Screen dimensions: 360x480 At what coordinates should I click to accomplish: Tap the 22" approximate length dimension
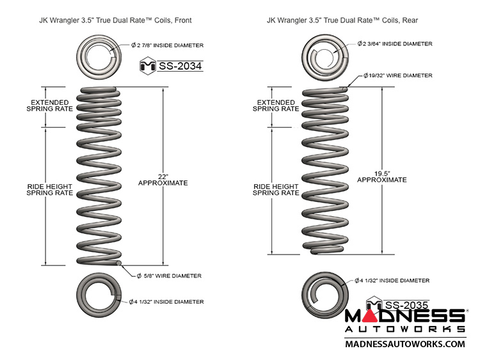tap(163, 178)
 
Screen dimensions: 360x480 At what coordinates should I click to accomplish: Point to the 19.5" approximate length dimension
tap(382, 176)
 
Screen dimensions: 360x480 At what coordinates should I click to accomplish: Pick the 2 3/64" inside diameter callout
tap(394, 44)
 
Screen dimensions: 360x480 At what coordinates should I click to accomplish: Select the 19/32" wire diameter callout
tap(397, 75)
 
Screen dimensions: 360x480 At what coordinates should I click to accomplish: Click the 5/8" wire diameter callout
tap(168, 276)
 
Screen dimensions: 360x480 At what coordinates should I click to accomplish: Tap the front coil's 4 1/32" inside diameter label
tap(166, 301)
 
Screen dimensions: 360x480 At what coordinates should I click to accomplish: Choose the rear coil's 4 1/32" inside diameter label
tap(391, 280)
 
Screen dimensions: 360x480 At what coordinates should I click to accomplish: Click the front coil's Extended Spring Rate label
tap(45, 105)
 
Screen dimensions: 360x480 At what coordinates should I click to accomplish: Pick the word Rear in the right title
tap(410, 20)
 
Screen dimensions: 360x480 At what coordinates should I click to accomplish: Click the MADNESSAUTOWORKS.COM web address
tap(404, 343)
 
